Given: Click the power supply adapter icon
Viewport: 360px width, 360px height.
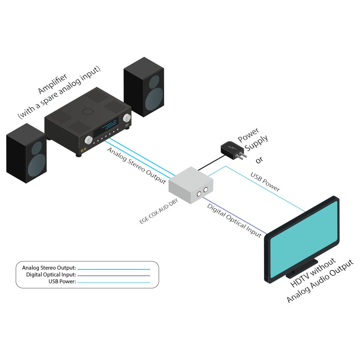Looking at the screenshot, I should pyautogui.click(x=233, y=150).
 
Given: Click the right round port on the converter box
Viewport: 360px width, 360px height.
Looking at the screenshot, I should pyautogui.click(x=206, y=189).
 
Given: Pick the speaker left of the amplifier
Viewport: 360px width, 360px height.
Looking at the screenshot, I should pyautogui.click(x=26, y=153).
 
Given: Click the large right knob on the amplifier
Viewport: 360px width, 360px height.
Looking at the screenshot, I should pyautogui.click(x=127, y=118).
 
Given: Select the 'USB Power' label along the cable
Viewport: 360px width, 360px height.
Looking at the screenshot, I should pyautogui.click(x=265, y=182).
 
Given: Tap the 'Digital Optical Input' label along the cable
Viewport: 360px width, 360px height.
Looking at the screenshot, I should pyautogui.click(x=234, y=220).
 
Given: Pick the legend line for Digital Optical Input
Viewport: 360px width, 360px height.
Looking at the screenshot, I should pyautogui.click(x=113, y=275).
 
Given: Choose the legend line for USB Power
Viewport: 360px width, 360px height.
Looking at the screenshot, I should pyautogui.click(x=113, y=282).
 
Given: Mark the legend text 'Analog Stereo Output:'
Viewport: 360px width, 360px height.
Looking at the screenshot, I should pyautogui.click(x=49, y=268).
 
